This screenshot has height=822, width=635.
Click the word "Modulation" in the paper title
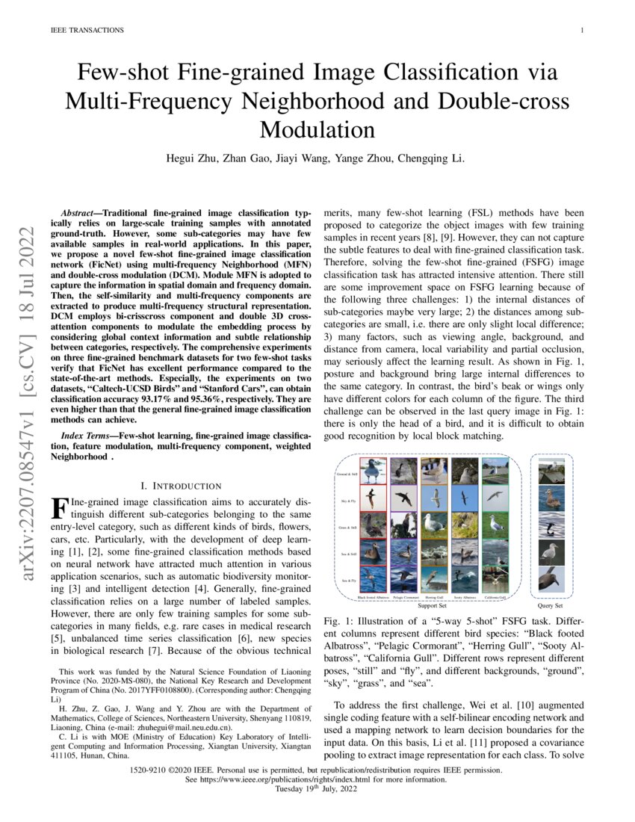pyautogui.click(x=317, y=129)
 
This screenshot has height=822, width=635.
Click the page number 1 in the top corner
pyautogui.click(x=581, y=31)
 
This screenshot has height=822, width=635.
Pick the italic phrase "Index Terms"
pyautogui.click(x=86, y=435)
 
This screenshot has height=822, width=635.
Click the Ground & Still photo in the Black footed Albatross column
pyautogui.click(x=374, y=471)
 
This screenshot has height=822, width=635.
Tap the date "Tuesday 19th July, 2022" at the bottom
pyautogui.click(x=317, y=789)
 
